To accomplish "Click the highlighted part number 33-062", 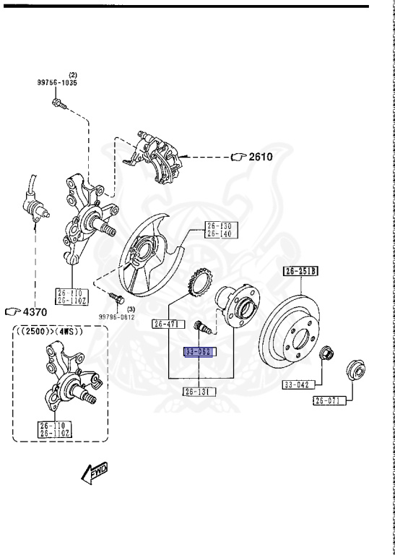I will click(x=199, y=352).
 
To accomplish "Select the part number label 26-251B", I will click(x=300, y=272).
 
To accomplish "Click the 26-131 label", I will click(x=199, y=391).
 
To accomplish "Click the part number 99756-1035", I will click(x=57, y=82).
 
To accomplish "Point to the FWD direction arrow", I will click(x=95, y=472).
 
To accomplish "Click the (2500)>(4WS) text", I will click(x=49, y=332).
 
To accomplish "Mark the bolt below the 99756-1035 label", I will click(x=59, y=105).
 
